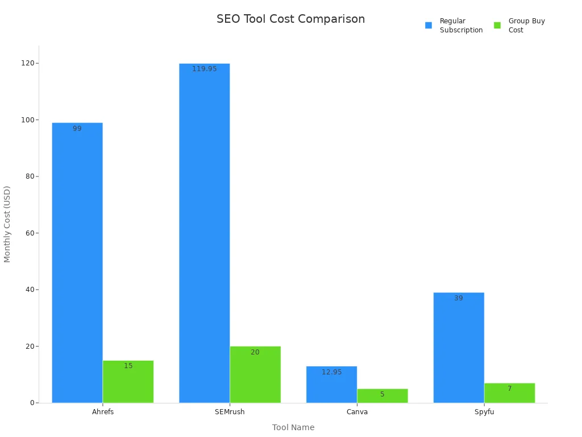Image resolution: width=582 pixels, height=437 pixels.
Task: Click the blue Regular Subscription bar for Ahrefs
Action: [x=77, y=262]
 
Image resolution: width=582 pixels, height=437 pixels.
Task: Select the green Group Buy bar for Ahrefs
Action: [x=128, y=382]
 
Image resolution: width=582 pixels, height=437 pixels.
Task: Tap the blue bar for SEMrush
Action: [x=204, y=233]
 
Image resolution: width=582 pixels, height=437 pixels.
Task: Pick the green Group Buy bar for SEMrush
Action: [x=255, y=374]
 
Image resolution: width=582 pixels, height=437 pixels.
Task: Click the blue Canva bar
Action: [x=331, y=385]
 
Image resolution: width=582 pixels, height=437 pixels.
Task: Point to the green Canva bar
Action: [x=383, y=396]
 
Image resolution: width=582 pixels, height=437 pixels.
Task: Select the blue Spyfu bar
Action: [x=459, y=348]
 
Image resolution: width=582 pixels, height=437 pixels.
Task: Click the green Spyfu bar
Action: [x=509, y=393]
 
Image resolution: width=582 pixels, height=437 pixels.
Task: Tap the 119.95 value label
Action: [x=204, y=69]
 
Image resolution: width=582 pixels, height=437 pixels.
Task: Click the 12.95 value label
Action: [x=331, y=372]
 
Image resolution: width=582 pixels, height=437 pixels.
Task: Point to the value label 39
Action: [x=459, y=298]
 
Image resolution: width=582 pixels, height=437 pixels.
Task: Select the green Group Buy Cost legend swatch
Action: [x=497, y=25]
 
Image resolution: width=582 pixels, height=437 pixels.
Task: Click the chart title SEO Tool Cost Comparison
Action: [x=290, y=19]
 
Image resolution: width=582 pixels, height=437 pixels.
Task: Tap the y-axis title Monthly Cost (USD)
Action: [x=7, y=224]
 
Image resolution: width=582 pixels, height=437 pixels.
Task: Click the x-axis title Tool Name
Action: [x=293, y=427]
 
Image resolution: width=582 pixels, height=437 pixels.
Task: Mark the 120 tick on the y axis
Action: [x=26, y=63]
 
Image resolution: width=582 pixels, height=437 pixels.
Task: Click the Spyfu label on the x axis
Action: [x=484, y=412]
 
